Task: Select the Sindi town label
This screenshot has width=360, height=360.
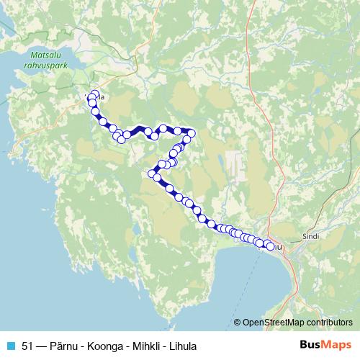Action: click(x=312, y=235)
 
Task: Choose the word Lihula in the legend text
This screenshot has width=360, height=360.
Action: click(x=181, y=345)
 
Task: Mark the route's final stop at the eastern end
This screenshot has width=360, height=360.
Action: click(x=270, y=246)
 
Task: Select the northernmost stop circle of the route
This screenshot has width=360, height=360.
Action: click(x=94, y=94)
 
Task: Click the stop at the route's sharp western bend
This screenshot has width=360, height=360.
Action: click(x=152, y=174)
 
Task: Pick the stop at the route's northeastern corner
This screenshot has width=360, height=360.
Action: click(x=191, y=133)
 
